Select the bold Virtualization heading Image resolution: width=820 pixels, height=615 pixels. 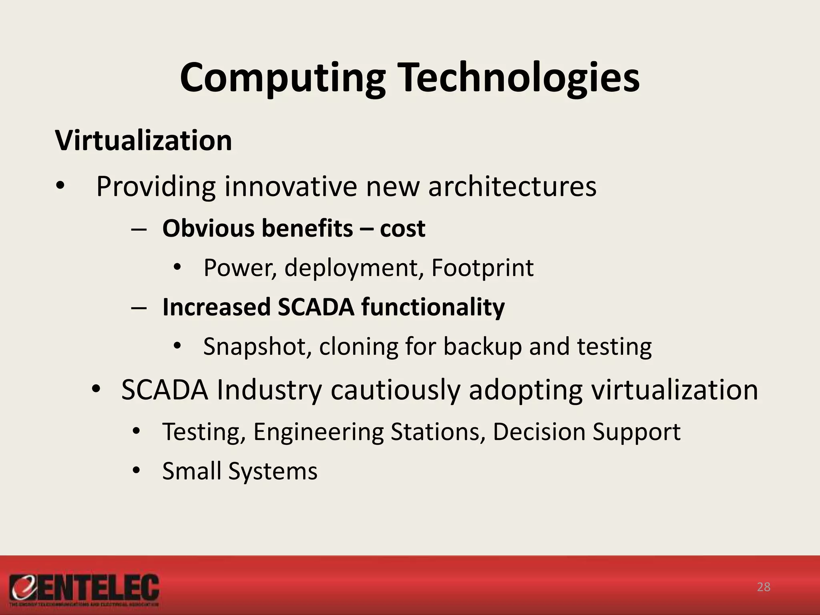[143, 141]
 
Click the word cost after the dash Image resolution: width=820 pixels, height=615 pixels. [402, 228]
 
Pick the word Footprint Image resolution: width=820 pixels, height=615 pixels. [482, 267]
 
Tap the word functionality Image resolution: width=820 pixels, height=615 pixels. [433, 307]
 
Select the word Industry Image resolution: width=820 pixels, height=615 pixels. [269, 390]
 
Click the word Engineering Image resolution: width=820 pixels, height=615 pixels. [318, 432]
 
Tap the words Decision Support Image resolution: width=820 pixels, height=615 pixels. [586, 432]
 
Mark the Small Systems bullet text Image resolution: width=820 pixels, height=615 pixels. [239, 471]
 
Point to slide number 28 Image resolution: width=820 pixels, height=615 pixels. [764, 587]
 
